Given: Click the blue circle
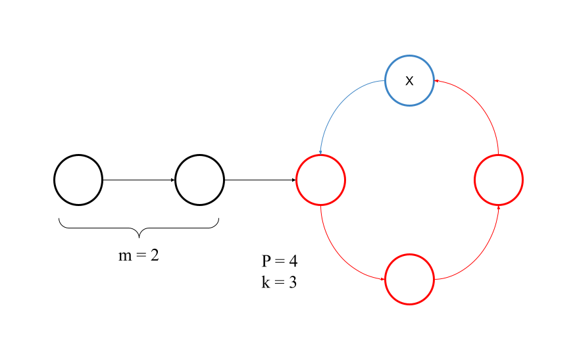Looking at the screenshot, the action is click(x=409, y=80).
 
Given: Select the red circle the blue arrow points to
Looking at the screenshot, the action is click(x=320, y=180).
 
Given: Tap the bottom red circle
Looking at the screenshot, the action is click(x=409, y=279).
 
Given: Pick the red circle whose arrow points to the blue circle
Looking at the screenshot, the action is click(x=498, y=180).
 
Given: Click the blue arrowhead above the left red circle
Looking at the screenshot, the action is click(x=320, y=153).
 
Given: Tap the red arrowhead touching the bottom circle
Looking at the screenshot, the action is click(x=383, y=279).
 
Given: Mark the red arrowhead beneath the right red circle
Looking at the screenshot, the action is click(x=498, y=206).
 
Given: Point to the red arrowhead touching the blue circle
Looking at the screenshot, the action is click(x=436, y=81).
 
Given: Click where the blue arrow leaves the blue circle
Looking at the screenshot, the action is click(x=385, y=81).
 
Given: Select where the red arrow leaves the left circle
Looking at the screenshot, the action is click(x=320, y=205).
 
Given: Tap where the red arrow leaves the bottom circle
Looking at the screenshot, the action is click(x=434, y=279).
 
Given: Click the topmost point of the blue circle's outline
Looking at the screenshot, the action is click(x=409, y=56).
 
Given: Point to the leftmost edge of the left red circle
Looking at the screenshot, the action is click(x=297, y=180).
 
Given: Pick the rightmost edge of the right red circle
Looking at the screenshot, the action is click(x=522, y=180).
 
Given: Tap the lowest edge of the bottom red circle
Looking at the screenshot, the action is click(x=409, y=303).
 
